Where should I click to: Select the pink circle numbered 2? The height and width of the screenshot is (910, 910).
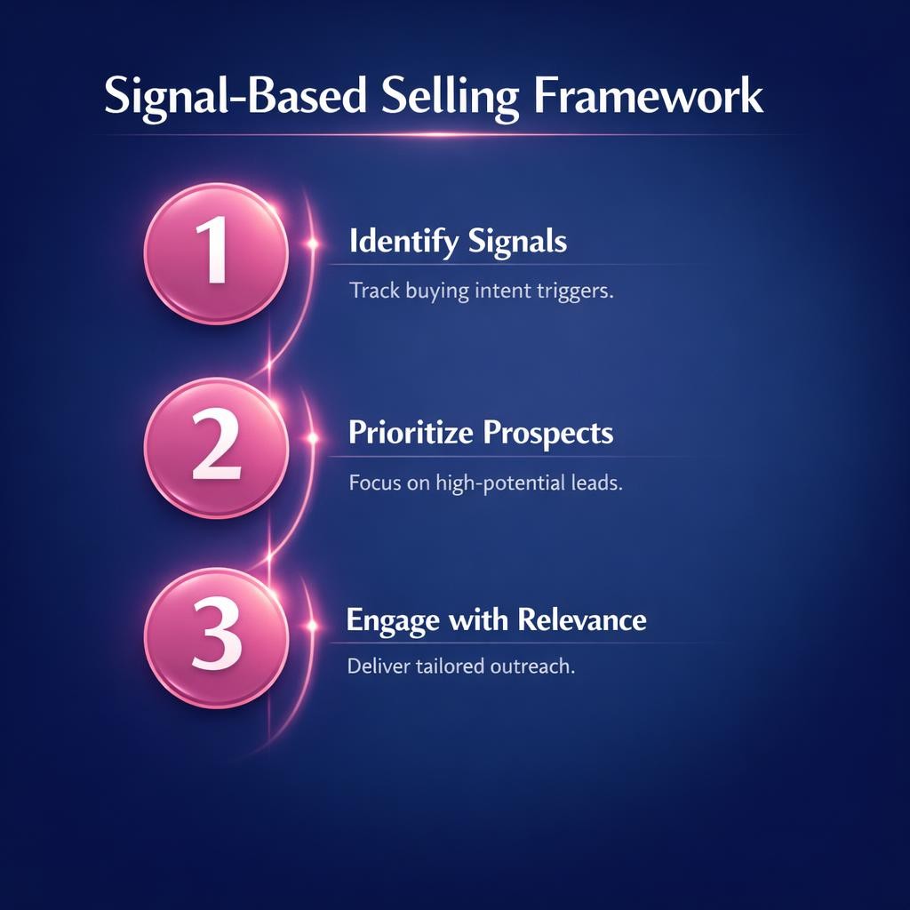pos(216,447)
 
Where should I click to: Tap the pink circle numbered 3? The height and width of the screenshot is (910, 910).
pos(216,638)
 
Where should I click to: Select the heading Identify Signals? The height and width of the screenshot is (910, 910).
pos(458,242)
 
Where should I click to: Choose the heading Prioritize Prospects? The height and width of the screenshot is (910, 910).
pos(480,433)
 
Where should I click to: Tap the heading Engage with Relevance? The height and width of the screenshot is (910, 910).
pos(496,619)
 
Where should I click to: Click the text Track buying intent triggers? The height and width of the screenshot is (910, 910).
pos(481,291)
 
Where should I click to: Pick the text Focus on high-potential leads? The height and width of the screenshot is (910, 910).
pos(484,484)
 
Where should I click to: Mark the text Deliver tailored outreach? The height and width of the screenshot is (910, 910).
pos(461,666)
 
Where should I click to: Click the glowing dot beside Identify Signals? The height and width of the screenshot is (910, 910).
pos(312,242)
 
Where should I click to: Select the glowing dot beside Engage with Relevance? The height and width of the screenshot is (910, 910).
pos(312,626)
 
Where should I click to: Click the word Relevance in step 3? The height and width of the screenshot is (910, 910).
pos(582,619)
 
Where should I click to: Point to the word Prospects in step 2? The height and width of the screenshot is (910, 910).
pos(547,433)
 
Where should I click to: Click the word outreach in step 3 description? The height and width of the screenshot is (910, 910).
pos(533,666)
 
